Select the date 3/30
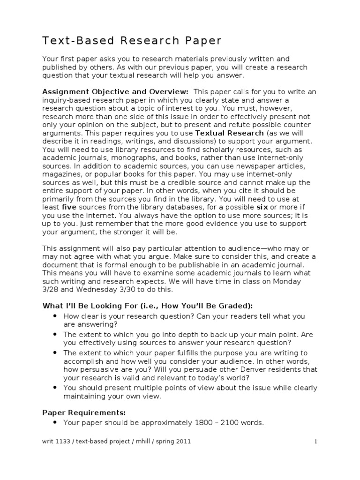tap(129, 289)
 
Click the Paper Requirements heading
tap(84, 412)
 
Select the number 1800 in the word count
tap(203, 423)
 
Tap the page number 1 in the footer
tap(316, 442)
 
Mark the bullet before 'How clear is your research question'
tap(56, 316)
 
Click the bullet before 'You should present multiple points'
tap(56, 388)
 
